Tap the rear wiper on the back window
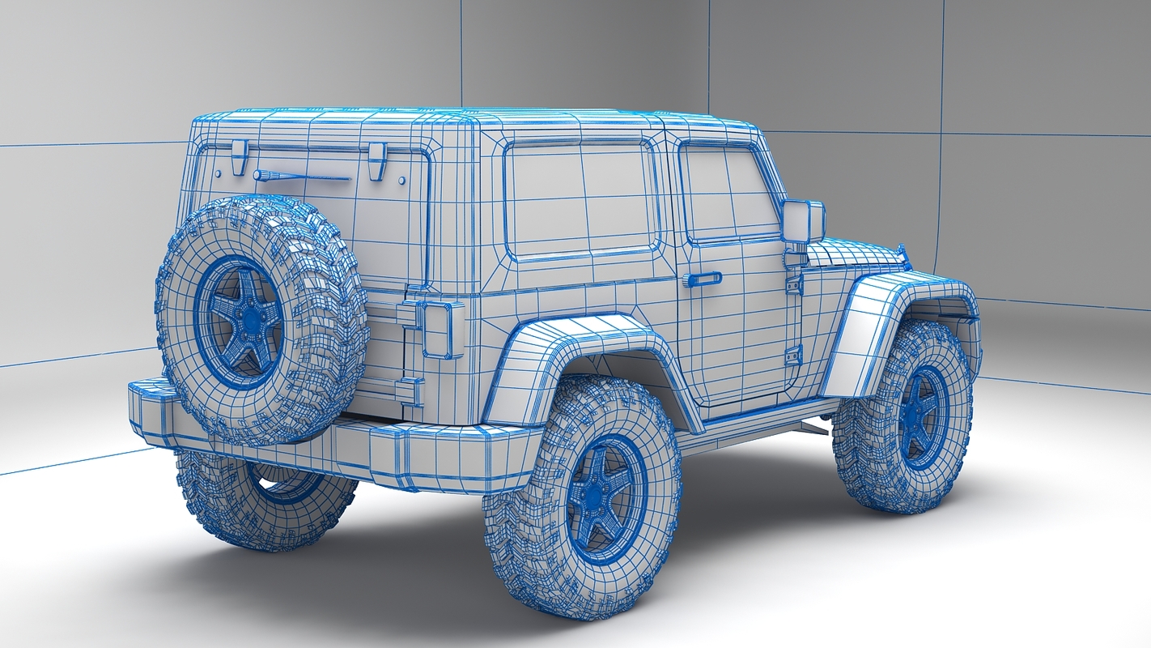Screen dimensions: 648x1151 pos(299,176)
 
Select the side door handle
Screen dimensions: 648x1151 pos(701,279)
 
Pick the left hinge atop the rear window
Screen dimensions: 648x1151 pos(239,156)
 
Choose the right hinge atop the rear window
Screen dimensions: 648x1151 pos(376,160)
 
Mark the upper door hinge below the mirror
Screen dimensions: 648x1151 pos(793,283)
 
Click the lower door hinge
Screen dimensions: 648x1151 pos(793,355)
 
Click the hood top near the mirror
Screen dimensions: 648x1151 pos(858,253)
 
